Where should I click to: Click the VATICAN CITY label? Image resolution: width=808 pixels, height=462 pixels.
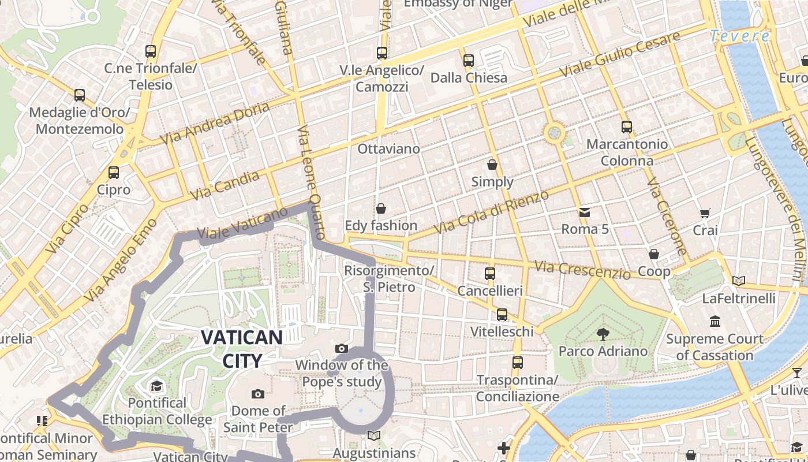(x=242, y=349)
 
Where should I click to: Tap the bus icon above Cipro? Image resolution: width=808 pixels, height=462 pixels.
(x=113, y=172)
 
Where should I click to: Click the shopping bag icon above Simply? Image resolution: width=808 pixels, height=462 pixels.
(x=492, y=165)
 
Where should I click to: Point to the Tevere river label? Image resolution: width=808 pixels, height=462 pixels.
(x=740, y=36)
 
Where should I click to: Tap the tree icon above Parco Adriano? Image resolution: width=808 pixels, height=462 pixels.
(x=603, y=333)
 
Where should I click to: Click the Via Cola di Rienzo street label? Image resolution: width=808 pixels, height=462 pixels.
(x=491, y=213)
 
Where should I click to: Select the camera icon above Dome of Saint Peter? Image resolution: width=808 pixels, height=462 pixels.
(x=258, y=394)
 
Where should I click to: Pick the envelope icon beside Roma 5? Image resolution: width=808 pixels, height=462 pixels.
(x=585, y=213)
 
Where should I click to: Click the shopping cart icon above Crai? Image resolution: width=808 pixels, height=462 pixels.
(x=705, y=214)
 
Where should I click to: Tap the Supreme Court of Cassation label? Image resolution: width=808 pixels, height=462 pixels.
(x=715, y=347)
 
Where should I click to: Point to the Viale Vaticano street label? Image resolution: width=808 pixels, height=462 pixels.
(x=242, y=223)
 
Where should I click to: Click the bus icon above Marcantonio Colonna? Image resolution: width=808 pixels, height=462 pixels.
(x=627, y=127)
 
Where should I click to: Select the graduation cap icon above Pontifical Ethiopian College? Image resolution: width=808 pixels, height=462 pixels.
(x=156, y=386)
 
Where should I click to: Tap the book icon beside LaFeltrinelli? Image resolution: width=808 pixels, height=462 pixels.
(x=738, y=281)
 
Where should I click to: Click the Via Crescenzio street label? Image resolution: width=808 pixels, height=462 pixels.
(x=582, y=270)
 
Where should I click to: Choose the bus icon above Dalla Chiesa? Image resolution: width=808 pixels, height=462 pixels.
(x=469, y=60)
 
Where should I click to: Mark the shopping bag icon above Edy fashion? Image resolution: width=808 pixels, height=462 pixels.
(x=380, y=208)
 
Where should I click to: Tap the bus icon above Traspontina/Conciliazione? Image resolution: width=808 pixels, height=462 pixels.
(x=518, y=363)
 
